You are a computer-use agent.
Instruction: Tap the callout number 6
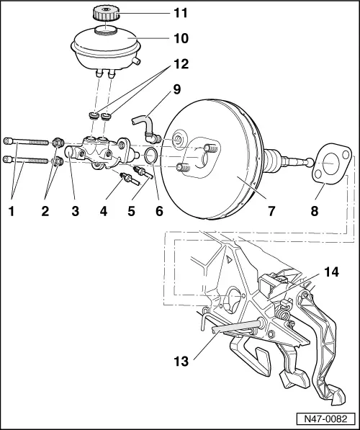tap(158, 212)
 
